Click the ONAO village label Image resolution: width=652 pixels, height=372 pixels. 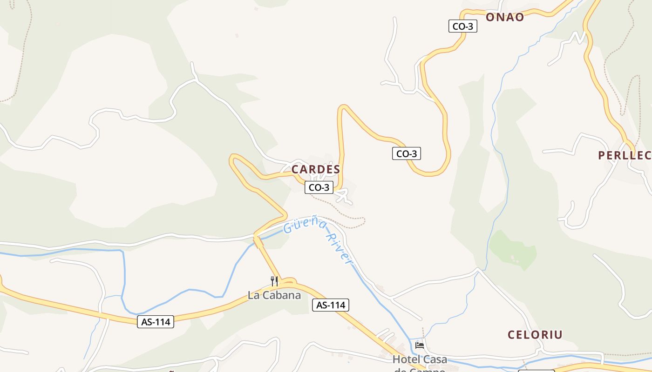(505, 17)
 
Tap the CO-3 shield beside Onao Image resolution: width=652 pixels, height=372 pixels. (463, 27)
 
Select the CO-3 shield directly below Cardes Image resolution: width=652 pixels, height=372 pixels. (319, 187)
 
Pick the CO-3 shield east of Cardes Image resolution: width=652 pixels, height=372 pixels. (406, 153)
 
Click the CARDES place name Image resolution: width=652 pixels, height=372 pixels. (316, 170)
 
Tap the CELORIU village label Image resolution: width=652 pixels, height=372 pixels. (535, 334)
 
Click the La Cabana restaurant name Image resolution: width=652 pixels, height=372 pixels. (274, 295)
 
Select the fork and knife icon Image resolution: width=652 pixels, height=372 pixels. (274, 281)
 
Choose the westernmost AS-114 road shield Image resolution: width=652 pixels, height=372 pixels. (156, 321)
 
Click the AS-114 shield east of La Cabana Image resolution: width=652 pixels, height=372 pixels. (330, 305)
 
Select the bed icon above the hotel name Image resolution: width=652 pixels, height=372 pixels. (420, 345)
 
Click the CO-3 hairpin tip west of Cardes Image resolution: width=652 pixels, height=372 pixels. (233, 159)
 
